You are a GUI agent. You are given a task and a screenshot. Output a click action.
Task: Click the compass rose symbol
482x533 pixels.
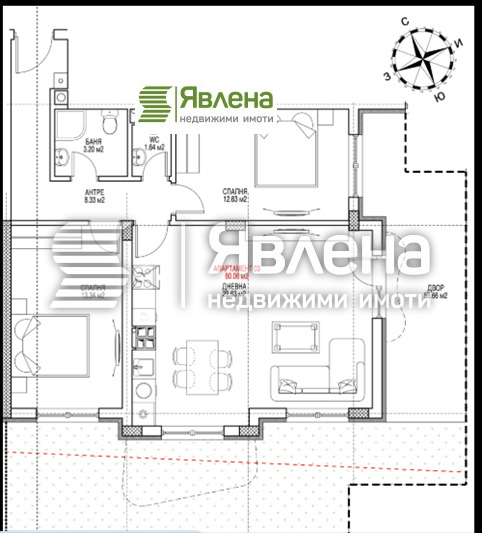(427, 59)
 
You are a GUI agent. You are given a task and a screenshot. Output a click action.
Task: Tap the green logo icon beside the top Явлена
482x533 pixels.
(155, 101)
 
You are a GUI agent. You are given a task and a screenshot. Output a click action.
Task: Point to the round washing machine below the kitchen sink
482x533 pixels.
(145, 391)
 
